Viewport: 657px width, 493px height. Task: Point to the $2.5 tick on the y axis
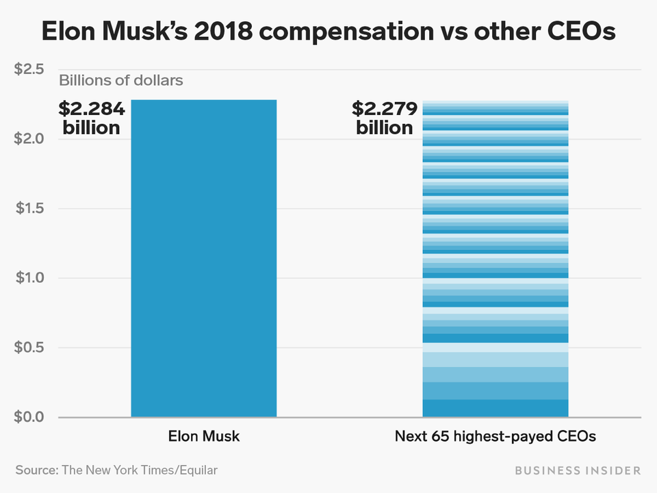tap(29, 69)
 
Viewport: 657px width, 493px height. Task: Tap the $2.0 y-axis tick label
tap(29, 139)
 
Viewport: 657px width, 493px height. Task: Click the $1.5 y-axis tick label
tap(29, 208)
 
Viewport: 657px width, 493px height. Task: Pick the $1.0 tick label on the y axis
tap(29, 278)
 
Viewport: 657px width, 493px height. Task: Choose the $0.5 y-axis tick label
tap(29, 347)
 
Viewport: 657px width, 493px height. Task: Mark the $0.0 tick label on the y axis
tap(29, 417)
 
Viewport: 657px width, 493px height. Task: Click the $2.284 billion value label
tap(92, 118)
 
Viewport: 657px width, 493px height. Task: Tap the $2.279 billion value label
tap(385, 118)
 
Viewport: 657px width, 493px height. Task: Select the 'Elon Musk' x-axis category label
tap(204, 436)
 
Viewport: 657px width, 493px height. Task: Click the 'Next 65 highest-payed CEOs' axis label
tap(495, 436)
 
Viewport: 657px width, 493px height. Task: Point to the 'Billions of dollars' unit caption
tap(121, 81)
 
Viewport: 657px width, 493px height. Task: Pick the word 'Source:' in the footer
tap(36, 470)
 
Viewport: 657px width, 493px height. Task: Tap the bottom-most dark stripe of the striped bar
tap(495, 408)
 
